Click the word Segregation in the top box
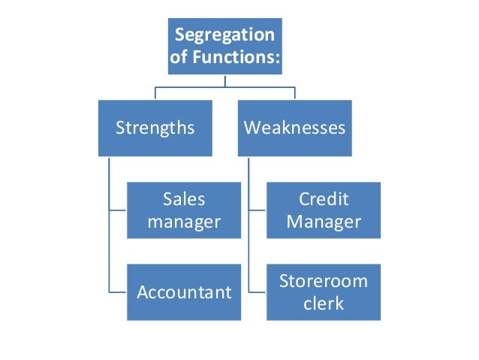[224, 35]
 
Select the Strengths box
[155, 127]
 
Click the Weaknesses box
[294, 127]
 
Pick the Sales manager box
[183, 210]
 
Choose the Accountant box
[184, 292]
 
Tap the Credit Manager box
[324, 210]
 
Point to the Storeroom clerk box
[324, 292]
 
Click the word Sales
[184, 200]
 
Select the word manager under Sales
[184, 222]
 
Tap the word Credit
[324, 200]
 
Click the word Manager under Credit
[324, 222]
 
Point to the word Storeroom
[324, 281]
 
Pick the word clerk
[324, 303]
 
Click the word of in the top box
[182, 58]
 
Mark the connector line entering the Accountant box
[118, 292]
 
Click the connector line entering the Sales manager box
[118, 210]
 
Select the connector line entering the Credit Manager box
[258, 210]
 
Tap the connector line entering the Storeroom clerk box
[258, 292]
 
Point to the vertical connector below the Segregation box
[224, 81]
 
